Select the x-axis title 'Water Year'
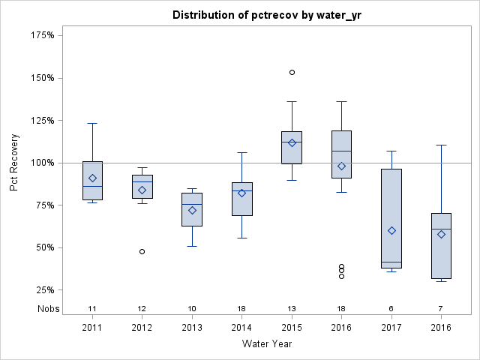[266, 343]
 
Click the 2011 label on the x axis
[92, 328]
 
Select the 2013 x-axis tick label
[192, 328]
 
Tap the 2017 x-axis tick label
[391, 328]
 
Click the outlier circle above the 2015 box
[292, 73]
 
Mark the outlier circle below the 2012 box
[142, 251]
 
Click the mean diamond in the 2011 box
[92, 178]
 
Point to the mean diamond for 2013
[192, 210]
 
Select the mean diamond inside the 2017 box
[391, 230]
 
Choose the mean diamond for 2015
[292, 142]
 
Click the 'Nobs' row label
[48, 309]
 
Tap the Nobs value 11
[92, 309]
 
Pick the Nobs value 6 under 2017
[391, 309]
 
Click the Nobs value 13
[292, 309]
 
